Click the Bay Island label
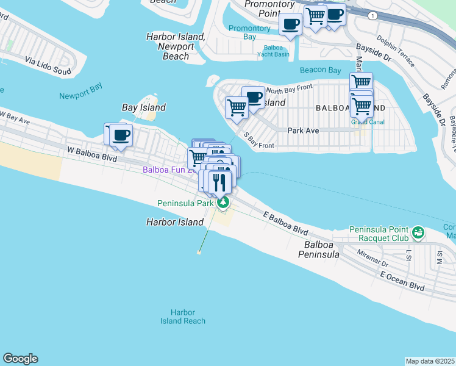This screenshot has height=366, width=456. [x=144, y=108]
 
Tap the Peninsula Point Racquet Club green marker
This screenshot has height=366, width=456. [x=418, y=232]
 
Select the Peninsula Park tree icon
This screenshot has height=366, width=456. [x=224, y=203]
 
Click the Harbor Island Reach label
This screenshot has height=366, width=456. [x=183, y=317]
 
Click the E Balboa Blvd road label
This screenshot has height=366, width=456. [x=286, y=223]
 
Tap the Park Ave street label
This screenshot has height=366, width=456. [x=304, y=131]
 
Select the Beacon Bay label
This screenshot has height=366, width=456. [x=321, y=70]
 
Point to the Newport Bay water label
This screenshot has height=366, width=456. [x=80, y=96]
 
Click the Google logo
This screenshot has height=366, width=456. [x=20, y=359]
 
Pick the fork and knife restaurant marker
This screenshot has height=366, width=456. [x=220, y=181]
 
